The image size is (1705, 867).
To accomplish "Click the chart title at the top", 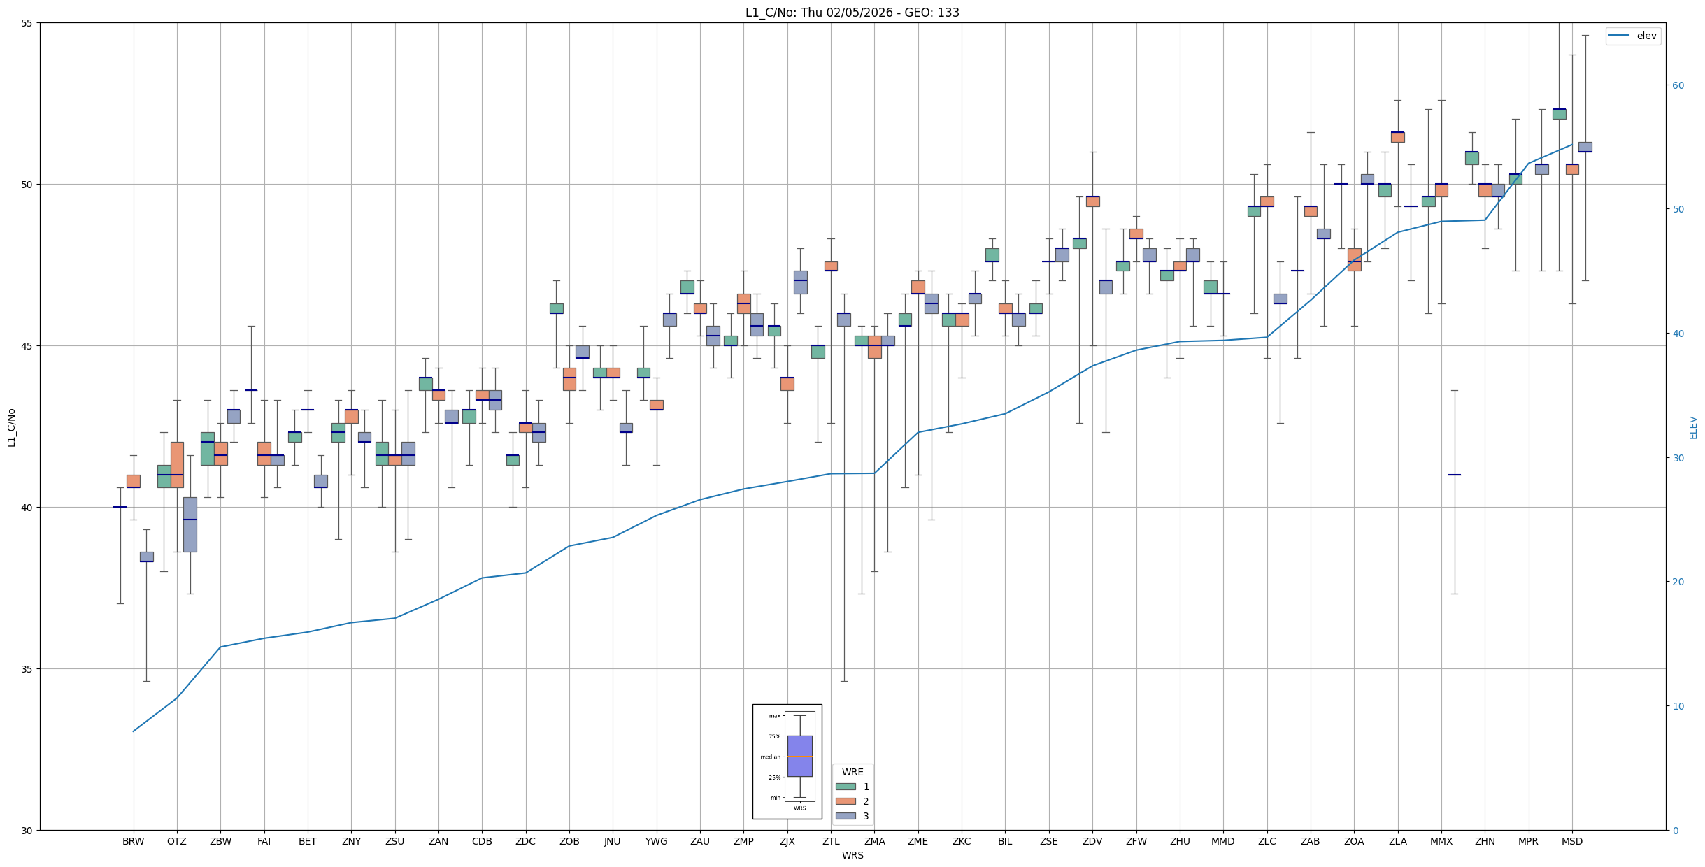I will pos(852,13).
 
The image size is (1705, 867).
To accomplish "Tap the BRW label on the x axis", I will pos(133,841).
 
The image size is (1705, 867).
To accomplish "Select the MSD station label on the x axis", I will pos(1571,841).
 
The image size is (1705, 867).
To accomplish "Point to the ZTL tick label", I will pos(831,841).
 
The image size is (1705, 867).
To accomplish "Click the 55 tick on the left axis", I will pos(27,23).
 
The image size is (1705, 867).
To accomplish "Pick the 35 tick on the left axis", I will pos(27,669).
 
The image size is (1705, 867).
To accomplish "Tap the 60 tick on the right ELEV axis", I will pos(1678,85).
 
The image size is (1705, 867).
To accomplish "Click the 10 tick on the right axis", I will pos(1678,706).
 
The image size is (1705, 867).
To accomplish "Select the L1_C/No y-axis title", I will pos(11,427).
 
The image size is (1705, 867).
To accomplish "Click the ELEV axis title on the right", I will pos(1693,427).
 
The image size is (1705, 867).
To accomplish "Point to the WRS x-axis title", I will pos(852,855).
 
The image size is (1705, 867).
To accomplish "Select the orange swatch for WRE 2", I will pos(846,801).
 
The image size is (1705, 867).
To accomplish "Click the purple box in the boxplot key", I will pos(799,756).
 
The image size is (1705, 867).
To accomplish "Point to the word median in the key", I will pos(770,757).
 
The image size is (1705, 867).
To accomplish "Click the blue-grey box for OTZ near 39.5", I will pos(190,524).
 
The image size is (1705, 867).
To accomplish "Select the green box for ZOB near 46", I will pos(556,308).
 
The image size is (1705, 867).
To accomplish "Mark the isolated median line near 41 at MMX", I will pos(1454,475).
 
